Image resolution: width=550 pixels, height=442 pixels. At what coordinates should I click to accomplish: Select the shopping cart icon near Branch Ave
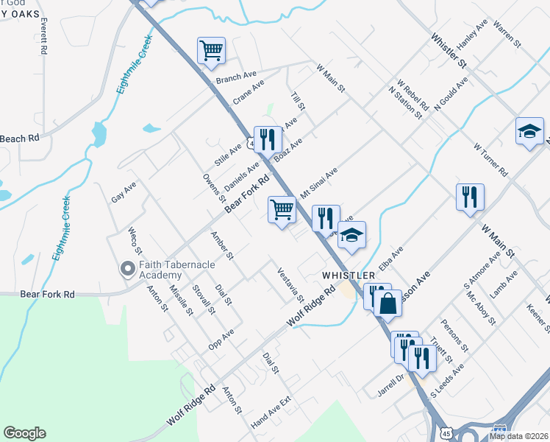[x=211, y=50]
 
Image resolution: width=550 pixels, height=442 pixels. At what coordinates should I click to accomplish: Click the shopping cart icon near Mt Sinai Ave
[x=282, y=210]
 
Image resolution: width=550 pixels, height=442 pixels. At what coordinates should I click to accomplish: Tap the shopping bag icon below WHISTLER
[x=387, y=302]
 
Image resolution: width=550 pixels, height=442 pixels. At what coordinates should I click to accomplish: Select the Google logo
[x=24, y=433]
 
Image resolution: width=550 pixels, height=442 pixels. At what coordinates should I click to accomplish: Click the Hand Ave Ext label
[x=271, y=413]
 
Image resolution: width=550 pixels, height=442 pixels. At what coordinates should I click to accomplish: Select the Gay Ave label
[x=124, y=192]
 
